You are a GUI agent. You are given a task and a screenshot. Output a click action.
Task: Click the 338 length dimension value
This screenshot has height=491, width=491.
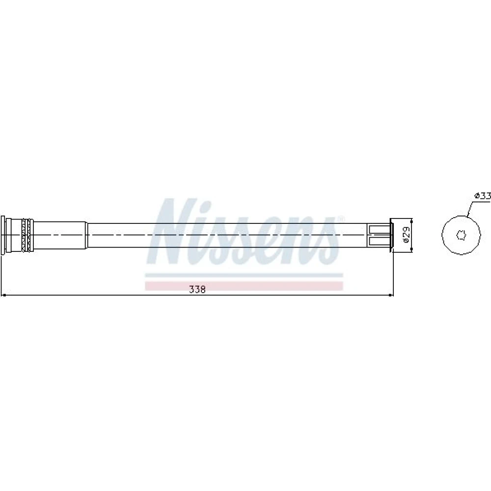pos(197,290)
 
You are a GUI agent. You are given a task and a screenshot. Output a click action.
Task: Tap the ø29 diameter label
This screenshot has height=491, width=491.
pos(406,235)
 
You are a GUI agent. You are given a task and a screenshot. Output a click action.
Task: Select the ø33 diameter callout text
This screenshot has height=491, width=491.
pos(483,196)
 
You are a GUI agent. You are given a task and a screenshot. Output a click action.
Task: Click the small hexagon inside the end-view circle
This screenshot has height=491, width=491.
pos(461,235)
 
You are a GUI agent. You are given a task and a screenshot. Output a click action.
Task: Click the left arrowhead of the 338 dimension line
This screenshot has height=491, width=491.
pos(4,295)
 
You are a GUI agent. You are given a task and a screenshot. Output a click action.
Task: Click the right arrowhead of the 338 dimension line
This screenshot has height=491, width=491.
pos(390,295)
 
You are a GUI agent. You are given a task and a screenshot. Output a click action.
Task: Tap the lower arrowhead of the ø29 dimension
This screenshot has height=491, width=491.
pos(411,248)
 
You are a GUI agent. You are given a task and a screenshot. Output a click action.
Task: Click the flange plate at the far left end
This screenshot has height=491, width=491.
pos(3,235)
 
